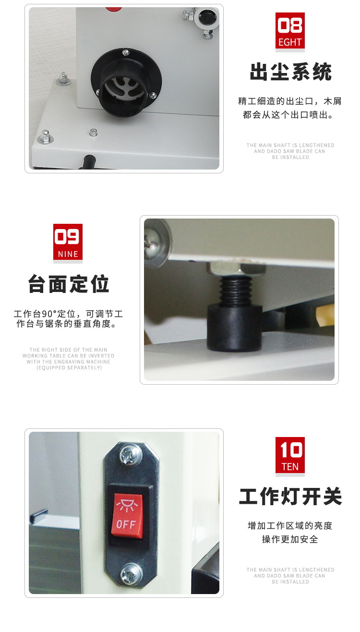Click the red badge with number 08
[290, 31]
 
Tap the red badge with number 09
[68, 242]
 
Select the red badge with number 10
[290, 455]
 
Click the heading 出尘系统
[290, 73]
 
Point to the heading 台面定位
[69, 284]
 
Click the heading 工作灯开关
[290, 497]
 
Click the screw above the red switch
[131, 453]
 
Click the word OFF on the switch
[126, 524]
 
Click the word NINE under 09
[68, 254]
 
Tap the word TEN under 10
[290, 467]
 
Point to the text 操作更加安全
[290, 539]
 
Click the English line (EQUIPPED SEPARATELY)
[69, 368]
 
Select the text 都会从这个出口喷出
[290, 115]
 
